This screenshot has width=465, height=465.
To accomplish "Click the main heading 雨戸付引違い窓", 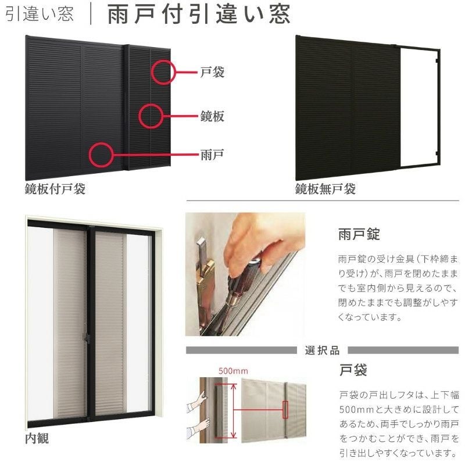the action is (198, 13).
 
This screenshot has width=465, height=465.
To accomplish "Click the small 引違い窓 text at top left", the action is (40, 14).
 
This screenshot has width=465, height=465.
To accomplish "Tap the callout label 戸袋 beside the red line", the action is (212, 72).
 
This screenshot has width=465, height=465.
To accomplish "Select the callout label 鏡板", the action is (212, 116).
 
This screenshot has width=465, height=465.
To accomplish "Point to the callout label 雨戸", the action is (212, 155).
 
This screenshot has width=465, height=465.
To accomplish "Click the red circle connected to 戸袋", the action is (152, 72).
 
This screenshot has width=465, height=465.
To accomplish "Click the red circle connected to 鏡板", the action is (139, 116).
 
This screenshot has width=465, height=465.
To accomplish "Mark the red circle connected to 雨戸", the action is (90, 155).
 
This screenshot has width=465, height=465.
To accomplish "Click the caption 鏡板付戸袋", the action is (55, 188).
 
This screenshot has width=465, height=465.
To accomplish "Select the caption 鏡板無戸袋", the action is (325, 188).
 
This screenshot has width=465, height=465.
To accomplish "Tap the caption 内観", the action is (37, 438).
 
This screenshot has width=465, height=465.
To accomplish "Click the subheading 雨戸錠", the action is (359, 234).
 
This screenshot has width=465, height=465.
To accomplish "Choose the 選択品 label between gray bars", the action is (322, 350).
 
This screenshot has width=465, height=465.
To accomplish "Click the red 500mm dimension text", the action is (233, 371).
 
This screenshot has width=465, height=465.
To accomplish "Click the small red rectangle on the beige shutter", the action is (285, 410).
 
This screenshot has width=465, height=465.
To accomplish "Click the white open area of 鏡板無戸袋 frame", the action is (418, 106).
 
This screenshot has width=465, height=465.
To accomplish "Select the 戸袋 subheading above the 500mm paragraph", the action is (353, 370).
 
